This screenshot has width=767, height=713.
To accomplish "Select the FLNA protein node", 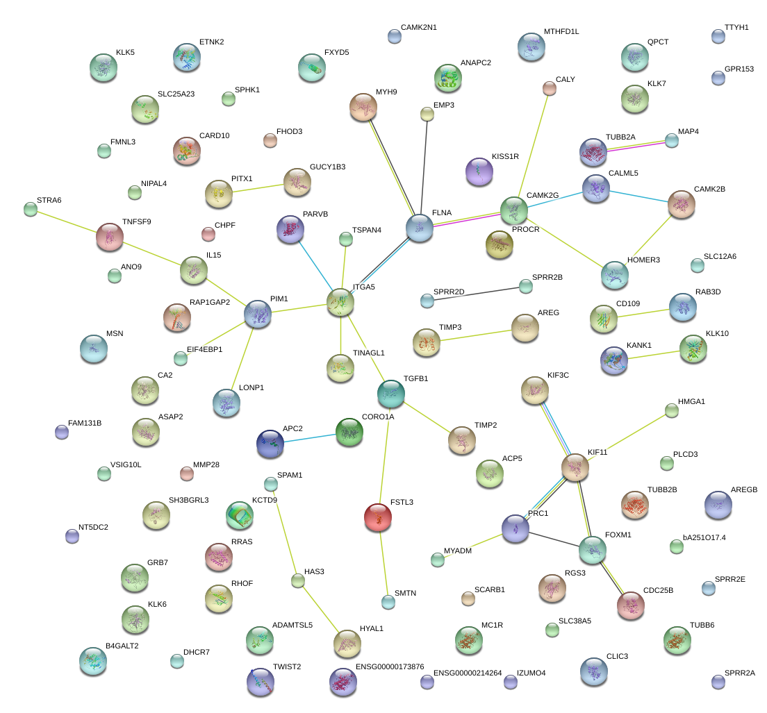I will coord(420,228).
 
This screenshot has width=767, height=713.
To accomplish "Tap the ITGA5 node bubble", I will coord(340,302).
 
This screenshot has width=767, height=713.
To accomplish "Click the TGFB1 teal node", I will coord(391,394).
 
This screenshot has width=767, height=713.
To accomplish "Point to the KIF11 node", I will coord(575,468).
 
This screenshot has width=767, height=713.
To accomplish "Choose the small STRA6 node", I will coord(30,208).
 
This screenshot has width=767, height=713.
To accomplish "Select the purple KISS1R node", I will coord(479,171).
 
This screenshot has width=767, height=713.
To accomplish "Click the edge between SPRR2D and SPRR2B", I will coord(476,294).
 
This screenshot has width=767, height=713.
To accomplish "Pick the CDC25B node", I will coord(631,605).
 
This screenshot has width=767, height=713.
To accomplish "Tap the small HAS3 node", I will coord(298,581).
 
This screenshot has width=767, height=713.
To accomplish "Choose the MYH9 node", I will coord(363,107).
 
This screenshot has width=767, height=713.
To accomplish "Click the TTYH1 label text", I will coord(736,28).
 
